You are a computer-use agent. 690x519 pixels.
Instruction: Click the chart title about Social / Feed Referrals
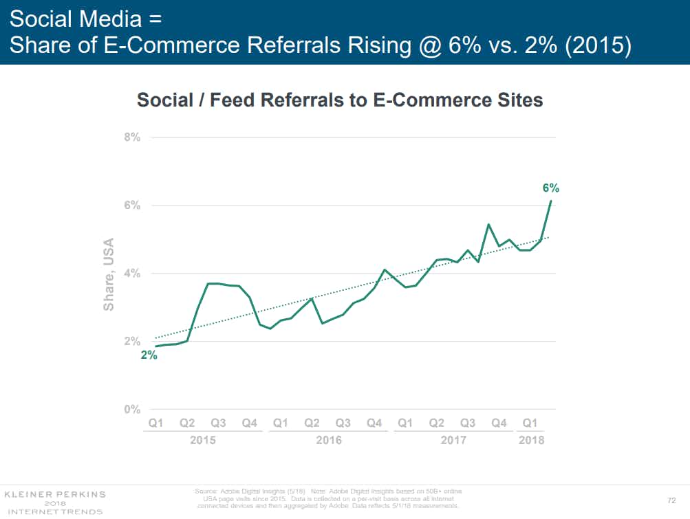tap(340, 100)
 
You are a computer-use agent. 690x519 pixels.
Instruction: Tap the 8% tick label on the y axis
tap(132, 137)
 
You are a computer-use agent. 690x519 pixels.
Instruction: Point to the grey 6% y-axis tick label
tap(132, 206)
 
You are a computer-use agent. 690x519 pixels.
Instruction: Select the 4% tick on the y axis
tap(132, 274)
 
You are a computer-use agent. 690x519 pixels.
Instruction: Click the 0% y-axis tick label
tap(132, 410)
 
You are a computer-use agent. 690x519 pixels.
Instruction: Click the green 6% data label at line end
tap(550, 188)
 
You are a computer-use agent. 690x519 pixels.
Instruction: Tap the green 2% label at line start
tap(149, 355)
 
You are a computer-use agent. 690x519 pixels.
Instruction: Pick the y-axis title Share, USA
tap(109, 274)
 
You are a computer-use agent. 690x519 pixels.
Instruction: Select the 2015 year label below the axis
tap(202, 440)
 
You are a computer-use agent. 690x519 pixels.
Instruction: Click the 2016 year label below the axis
tap(328, 440)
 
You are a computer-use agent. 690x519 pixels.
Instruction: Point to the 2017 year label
tap(453, 440)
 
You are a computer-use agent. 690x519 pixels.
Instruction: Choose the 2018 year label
tap(531, 440)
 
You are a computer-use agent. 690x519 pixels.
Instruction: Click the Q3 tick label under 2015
tap(218, 423)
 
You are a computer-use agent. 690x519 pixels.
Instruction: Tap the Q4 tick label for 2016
tap(374, 423)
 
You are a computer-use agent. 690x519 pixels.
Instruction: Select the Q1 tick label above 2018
tap(530, 423)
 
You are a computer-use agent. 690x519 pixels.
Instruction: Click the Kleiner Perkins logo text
tap(55, 494)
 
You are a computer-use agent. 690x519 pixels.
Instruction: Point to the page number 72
tap(671, 499)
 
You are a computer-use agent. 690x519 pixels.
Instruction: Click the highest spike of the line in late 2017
tap(488, 225)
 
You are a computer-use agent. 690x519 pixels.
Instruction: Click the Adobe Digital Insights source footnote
tap(328, 498)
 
